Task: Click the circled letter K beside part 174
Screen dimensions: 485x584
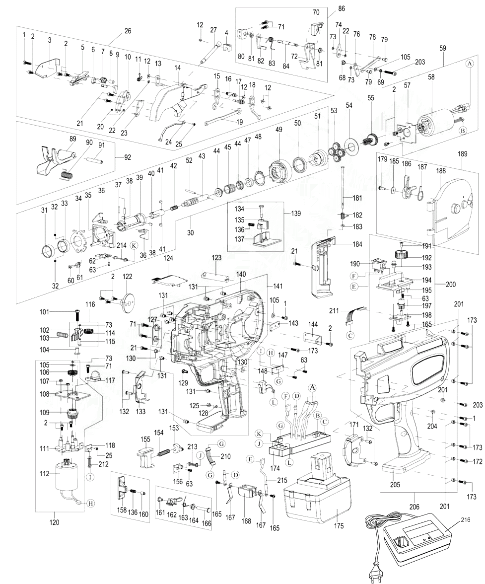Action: (260, 434)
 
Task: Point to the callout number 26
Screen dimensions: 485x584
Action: (128, 31)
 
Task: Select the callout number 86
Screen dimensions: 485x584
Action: (342, 8)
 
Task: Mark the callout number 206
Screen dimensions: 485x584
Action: (415, 507)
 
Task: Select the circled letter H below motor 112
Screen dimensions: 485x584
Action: (90, 503)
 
